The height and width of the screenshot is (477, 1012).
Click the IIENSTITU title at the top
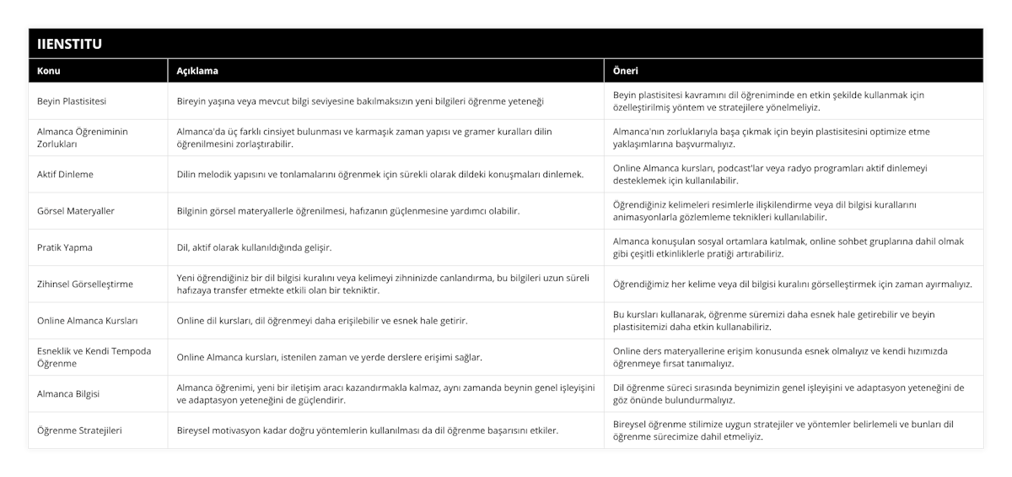[x=70, y=44]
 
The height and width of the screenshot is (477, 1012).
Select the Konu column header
[x=49, y=71]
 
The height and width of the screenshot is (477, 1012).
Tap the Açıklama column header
[x=193, y=71]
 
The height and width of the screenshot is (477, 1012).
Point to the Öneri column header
[x=626, y=71]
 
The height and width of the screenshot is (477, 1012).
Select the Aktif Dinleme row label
[x=66, y=174]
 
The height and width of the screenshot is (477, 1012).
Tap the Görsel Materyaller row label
[x=75, y=210]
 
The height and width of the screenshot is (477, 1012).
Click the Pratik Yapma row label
[x=65, y=247]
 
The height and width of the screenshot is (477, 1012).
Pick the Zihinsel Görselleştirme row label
[x=85, y=284]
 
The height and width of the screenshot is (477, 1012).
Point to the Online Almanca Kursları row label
[x=88, y=321]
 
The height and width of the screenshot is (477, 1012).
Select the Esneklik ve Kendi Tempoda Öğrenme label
[x=94, y=357]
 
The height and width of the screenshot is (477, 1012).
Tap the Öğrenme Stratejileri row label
[x=80, y=431]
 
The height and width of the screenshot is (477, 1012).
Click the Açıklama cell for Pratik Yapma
[x=254, y=247]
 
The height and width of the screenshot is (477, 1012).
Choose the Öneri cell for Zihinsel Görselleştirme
[x=792, y=284]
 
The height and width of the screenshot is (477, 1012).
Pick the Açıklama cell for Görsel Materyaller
[x=347, y=210]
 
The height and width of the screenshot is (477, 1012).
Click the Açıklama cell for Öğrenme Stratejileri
[x=367, y=431]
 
